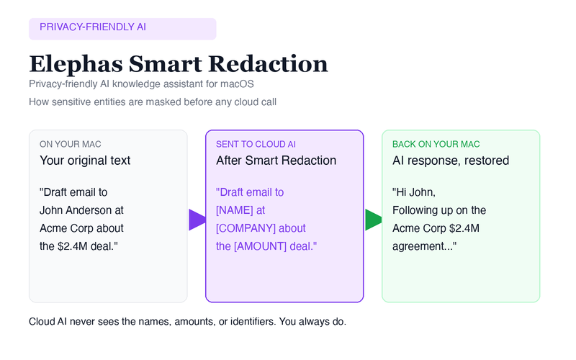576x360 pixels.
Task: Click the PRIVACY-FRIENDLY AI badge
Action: point(122,29)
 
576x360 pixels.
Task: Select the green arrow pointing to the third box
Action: point(373,220)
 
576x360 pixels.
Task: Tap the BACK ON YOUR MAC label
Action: point(436,144)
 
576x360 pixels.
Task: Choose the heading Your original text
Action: point(85,161)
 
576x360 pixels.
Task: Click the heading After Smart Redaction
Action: point(276,161)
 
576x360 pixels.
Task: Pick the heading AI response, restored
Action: point(451,161)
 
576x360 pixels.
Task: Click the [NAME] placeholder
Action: point(233,210)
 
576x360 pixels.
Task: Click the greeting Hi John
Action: point(414,192)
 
